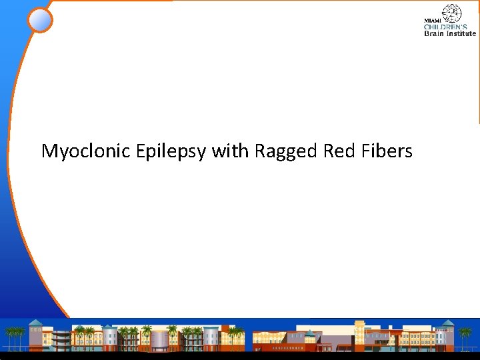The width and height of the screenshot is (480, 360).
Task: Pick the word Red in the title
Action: (x=339, y=151)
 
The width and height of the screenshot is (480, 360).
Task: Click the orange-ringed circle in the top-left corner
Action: (x=40, y=20)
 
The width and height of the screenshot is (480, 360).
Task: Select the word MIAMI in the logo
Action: (x=433, y=21)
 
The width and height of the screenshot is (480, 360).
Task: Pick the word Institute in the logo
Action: (x=461, y=33)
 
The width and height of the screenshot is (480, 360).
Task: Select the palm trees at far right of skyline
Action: (x=465, y=337)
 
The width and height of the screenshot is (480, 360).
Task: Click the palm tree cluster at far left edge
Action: (x=13, y=337)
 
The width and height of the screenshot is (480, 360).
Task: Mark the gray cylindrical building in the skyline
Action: (x=160, y=340)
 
